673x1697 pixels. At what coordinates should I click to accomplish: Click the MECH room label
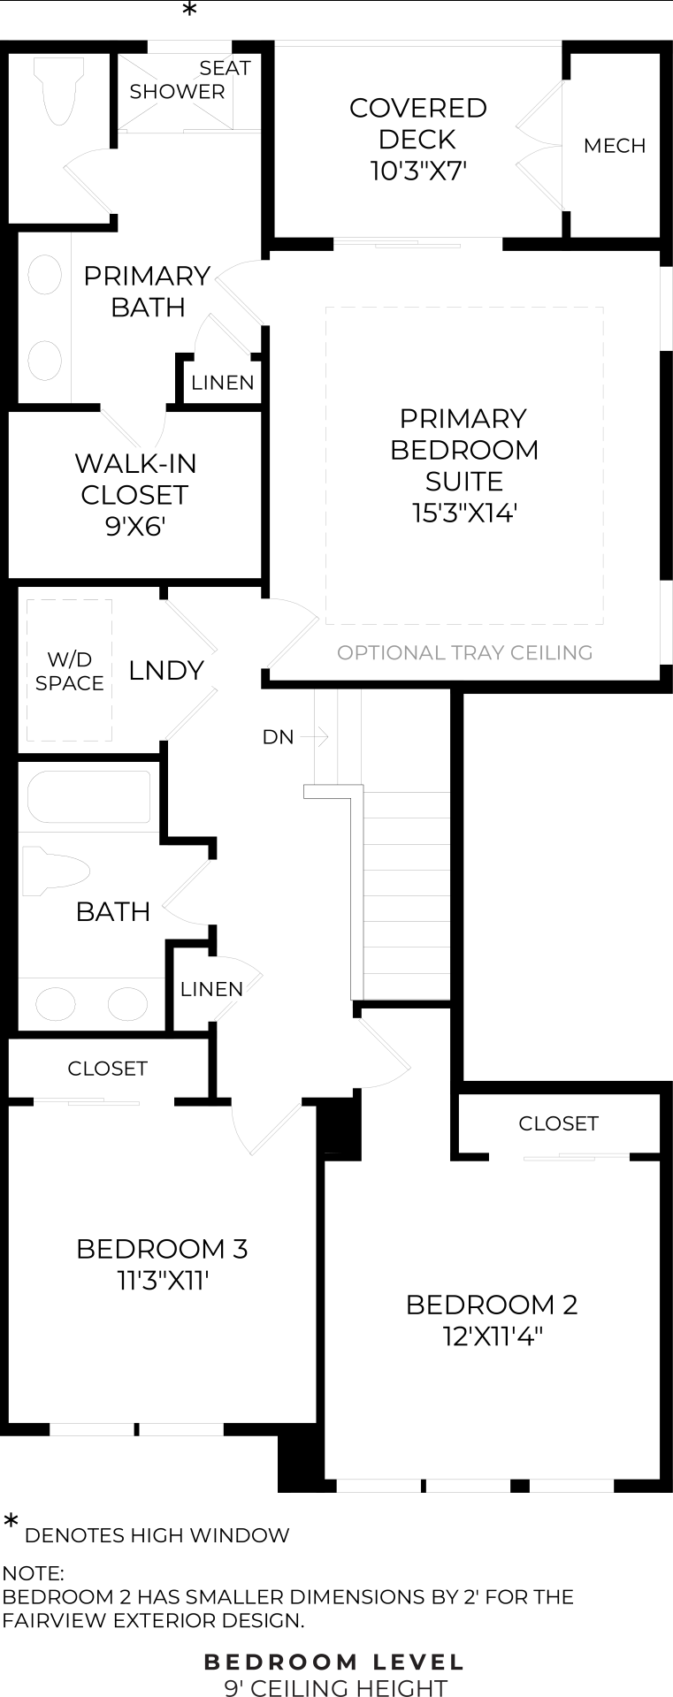615,146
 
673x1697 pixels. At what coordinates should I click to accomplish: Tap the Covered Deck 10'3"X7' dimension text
418,171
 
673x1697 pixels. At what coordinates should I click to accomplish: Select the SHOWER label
177,91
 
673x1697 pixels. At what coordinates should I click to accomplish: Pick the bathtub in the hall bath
88,797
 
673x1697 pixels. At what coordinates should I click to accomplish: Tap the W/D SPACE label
70,671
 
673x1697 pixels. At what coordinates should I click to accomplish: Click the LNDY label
166,671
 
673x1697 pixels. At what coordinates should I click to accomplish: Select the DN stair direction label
278,736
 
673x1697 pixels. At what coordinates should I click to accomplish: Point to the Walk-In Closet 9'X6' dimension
135,527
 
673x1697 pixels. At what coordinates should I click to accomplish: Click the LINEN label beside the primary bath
223,383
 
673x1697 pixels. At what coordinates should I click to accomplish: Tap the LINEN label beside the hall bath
211,989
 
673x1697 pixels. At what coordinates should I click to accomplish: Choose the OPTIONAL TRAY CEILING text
465,652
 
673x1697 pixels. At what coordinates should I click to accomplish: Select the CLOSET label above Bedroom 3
107,1069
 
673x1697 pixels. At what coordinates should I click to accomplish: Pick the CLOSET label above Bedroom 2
558,1123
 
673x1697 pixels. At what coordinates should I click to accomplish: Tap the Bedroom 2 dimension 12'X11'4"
492,1336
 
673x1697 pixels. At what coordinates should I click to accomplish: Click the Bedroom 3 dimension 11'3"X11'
163,1281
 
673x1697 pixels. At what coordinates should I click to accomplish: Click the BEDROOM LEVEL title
334,1663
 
